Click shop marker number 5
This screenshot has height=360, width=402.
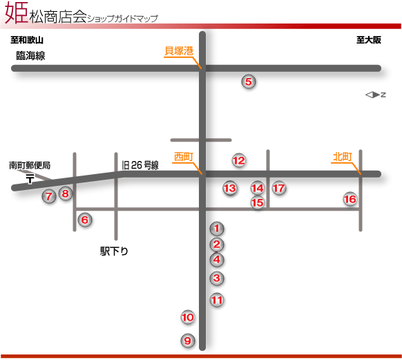[x=249, y=82]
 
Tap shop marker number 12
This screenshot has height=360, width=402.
[x=239, y=160]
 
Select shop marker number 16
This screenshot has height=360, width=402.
[x=350, y=199]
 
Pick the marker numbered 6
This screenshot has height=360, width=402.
[x=84, y=220]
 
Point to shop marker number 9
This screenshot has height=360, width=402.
[x=188, y=341]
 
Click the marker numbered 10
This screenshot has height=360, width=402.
[x=188, y=317]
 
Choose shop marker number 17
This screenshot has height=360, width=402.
[x=279, y=188]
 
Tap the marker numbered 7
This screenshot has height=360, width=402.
[x=49, y=196]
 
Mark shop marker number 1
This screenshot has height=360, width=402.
[x=217, y=228]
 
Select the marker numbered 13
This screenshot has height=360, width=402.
[x=230, y=188]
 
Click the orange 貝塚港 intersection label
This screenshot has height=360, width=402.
[x=179, y=50]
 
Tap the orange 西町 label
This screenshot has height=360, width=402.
[x=184, y=157]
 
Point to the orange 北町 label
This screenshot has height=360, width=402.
[x=343, y=157]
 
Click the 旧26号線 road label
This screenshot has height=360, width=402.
[x=140, y=165]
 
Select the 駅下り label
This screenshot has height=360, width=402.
[x=114, y=251]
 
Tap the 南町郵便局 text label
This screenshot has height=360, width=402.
[x=30, y=165]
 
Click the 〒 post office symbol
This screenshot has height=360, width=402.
[x=30, y=179]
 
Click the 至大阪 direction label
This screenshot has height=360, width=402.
[x=369, y=40]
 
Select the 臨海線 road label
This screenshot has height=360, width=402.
[x=30, y=56]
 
